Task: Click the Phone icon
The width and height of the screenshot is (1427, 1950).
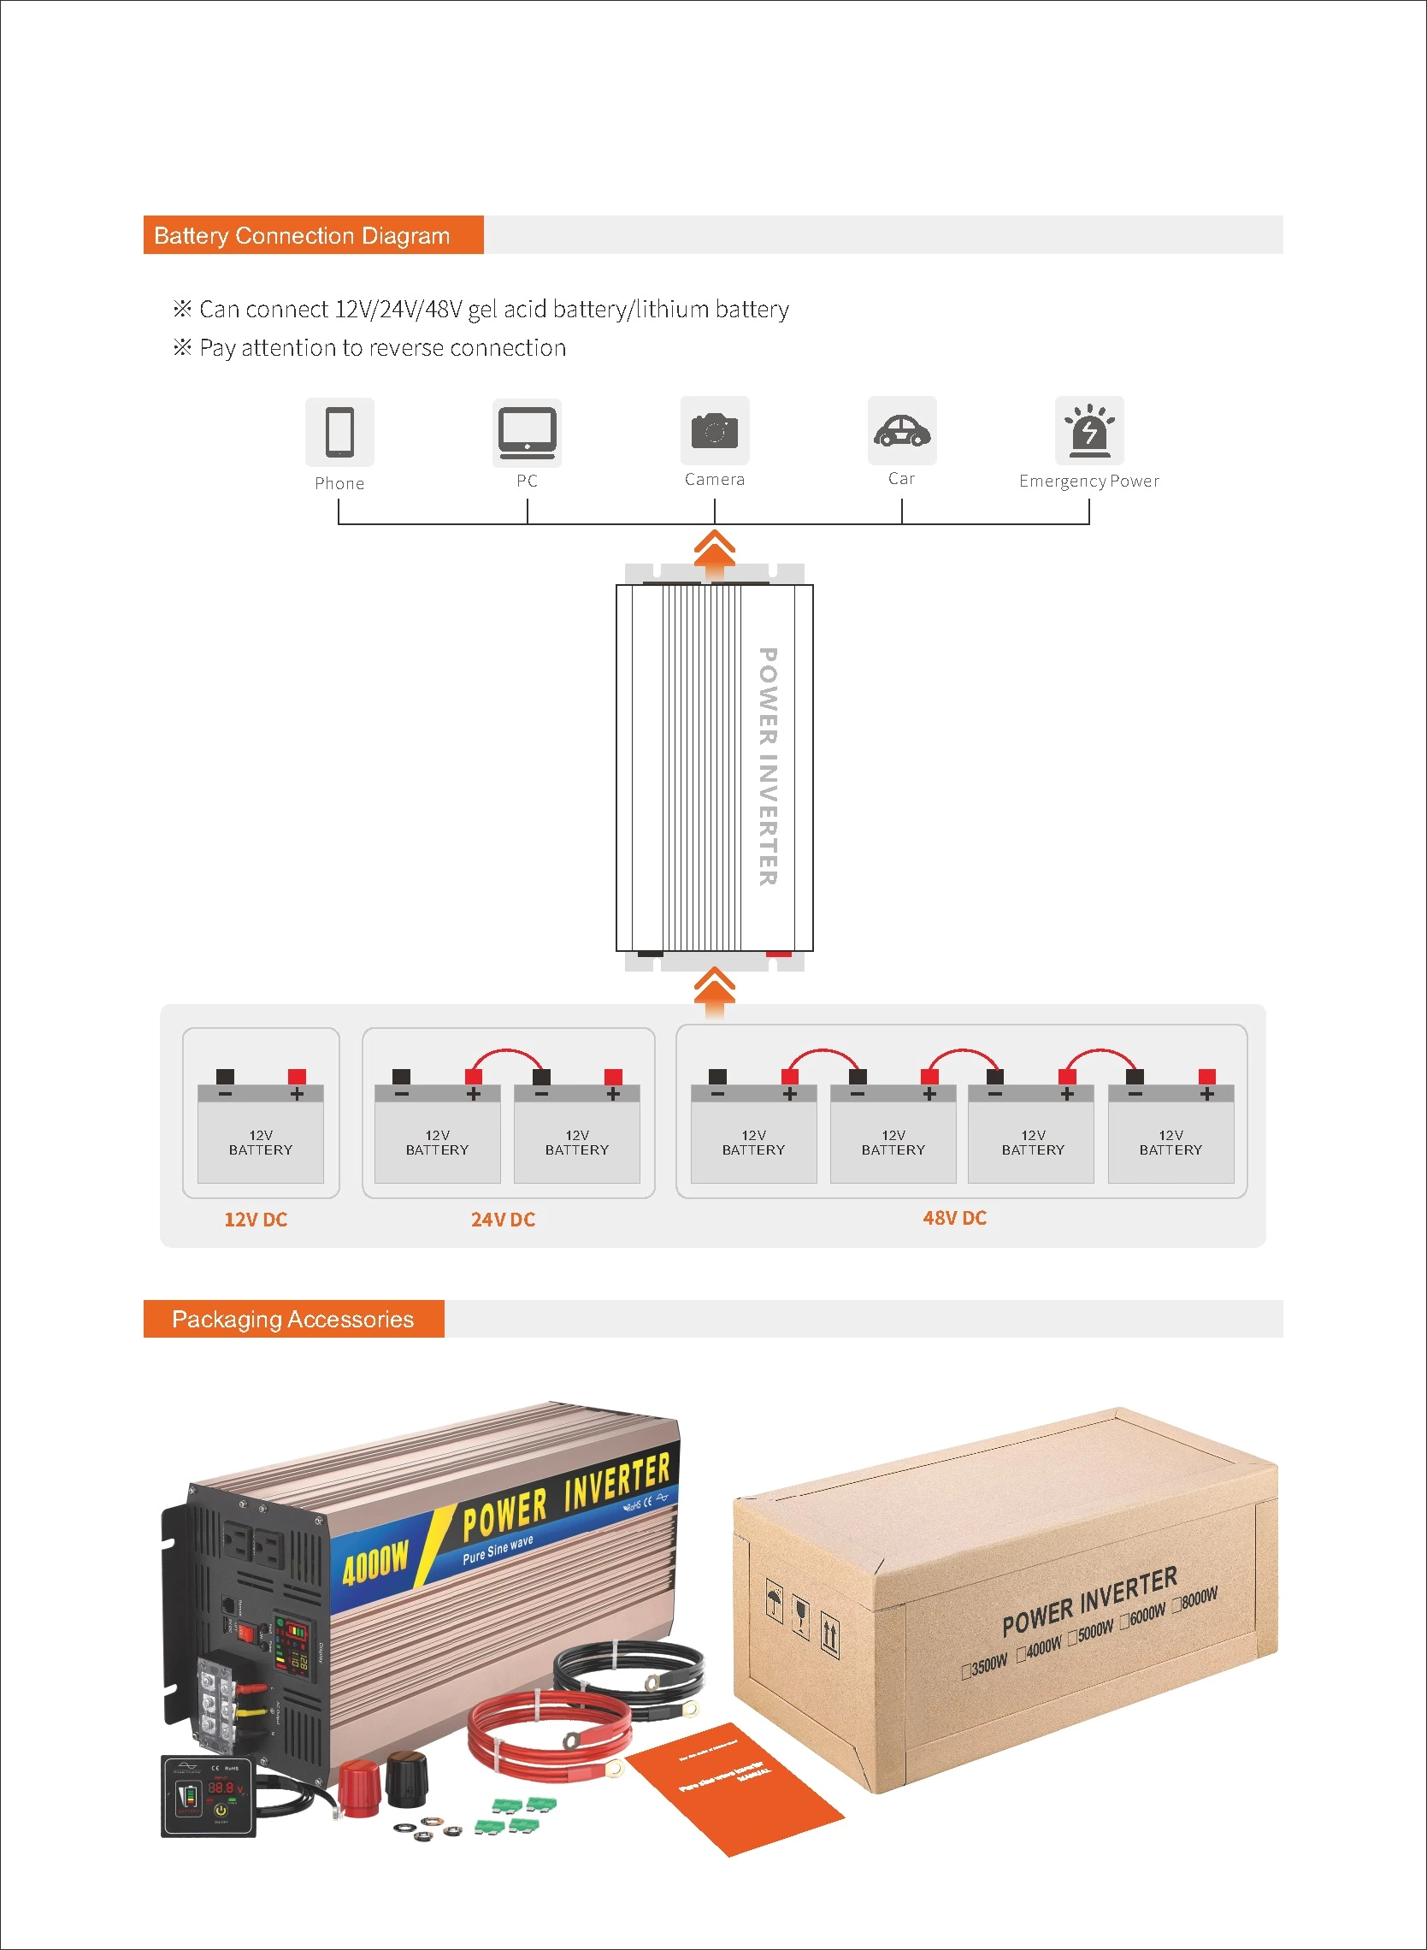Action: pos(339,431)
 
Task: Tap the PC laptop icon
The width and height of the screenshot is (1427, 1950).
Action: pos(526,431)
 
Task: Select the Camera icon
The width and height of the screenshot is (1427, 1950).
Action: pos(715,430)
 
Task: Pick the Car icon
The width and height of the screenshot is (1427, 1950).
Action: pos(902,430)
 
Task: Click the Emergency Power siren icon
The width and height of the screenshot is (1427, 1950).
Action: pos(1089,430)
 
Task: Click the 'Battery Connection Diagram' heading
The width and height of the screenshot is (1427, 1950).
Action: pos(302,236)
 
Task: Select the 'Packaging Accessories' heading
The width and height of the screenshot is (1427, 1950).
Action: pos(292,1319)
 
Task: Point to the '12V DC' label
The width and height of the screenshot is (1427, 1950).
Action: pos(256,1219)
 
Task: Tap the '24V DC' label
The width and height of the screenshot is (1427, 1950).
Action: pos(503,1219)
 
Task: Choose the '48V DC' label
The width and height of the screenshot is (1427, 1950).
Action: pos(954,1217)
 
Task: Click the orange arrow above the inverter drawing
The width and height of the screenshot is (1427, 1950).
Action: pos(715,549)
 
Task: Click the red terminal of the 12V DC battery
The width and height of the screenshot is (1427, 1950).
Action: pos(297,1077)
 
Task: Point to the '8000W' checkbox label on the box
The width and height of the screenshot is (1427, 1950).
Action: pos(1199,1598)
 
